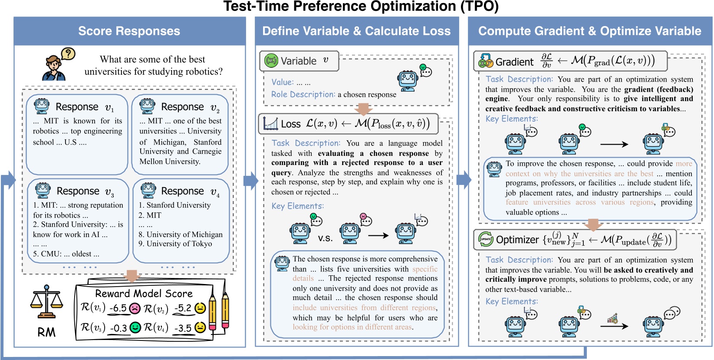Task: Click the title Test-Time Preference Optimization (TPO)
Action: point(361,7)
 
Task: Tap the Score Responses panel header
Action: point(129,31)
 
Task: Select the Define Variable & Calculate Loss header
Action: point(356,31)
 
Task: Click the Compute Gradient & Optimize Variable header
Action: point(589,31)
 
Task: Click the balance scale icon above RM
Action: point(46,301)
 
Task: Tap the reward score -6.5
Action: point(118,308)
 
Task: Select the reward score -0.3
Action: point(118,328)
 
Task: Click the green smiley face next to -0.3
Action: point(135,327)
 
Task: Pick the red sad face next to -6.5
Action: point(135,308)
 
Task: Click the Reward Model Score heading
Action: point(144,294)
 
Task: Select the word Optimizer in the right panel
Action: point(517,240)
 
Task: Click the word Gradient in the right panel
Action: point(514,62)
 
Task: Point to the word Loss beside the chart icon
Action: point(291,124)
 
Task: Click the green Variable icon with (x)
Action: point(271,61)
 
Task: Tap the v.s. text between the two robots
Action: point(325,238)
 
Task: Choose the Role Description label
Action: point(303,94)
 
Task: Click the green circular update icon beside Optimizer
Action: point(486,239)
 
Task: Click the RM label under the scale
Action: point(46,332)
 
